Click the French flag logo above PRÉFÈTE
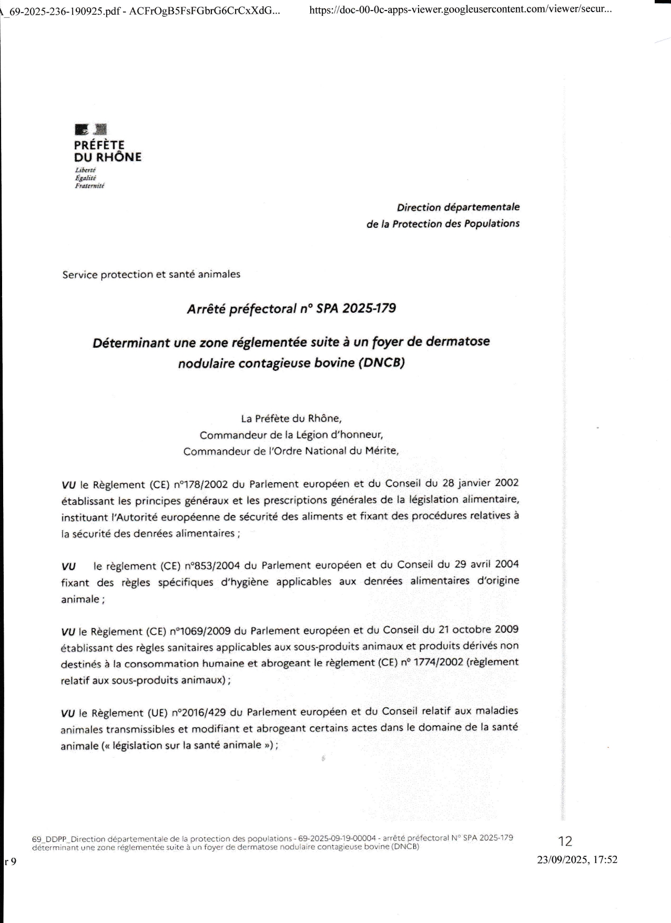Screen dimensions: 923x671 point(91,129)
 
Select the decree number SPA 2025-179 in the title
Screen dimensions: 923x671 point(356,308)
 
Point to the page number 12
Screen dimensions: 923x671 point(565,841)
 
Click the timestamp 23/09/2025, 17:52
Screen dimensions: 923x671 point(577,860)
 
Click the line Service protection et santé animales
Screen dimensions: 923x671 point(151,275)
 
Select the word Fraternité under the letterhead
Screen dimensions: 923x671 point(89,186)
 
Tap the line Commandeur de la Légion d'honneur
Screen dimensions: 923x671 point(291,435)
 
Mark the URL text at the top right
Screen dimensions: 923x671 point(461,9)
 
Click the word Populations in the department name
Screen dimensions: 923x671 point(491,224)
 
